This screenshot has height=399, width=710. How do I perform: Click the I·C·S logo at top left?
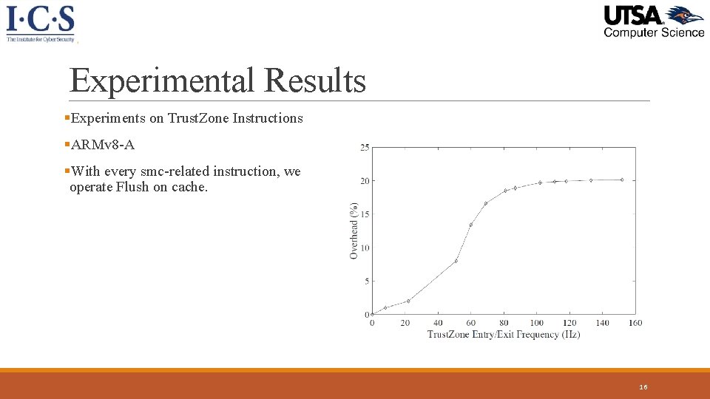[x=41, y=23]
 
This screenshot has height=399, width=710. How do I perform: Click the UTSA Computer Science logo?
[x=653, y=21]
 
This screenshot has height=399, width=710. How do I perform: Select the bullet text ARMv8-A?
[x=103, y=145]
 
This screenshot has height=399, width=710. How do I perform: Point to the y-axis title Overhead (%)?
[x=354, y=231]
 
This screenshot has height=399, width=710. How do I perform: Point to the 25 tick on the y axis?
[x=365, y=148]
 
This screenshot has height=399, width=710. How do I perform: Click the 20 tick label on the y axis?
[x=365, y=181]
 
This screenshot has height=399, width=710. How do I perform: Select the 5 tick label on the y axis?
[x=367, y=281]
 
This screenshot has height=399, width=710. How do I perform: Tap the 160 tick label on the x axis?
[x=635, y=323]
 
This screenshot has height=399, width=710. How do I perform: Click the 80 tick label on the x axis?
[x=504, y=323]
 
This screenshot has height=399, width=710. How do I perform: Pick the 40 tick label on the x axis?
[x=438, y=323]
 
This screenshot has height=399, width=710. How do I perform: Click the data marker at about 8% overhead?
[x=456, y=261]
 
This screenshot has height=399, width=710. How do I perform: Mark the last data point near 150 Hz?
[x=622, y=180]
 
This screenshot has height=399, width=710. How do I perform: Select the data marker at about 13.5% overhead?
[x=471, y=225]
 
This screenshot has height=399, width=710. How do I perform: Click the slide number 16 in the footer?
[x=643, y=387]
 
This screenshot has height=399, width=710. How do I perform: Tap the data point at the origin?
[x=372, y=314]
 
